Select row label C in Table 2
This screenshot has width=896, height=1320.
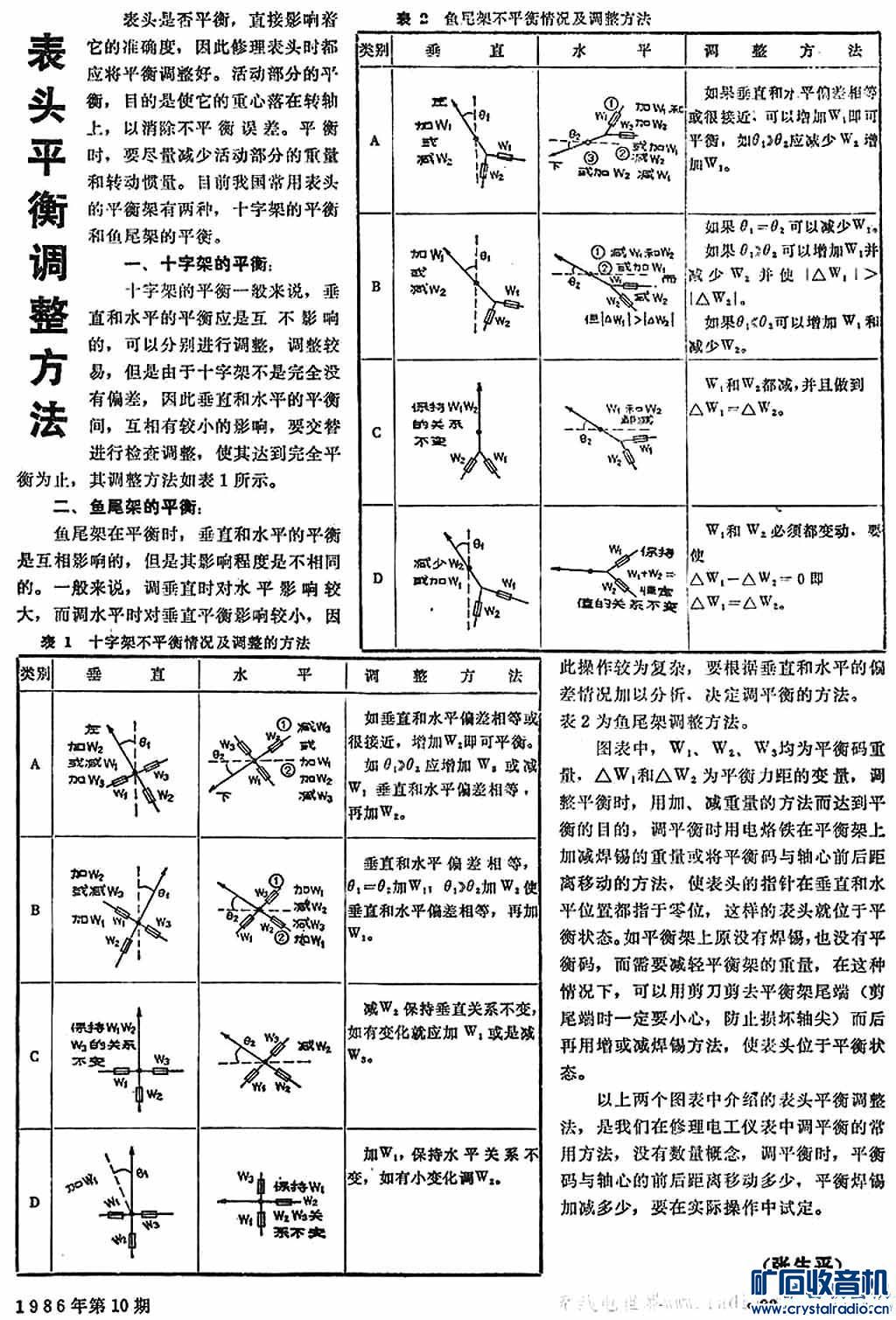pyautogui.click(x=375, y=432)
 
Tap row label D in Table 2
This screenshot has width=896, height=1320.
pyautogui.click(x=375, y=577)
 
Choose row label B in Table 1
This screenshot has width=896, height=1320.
pyautogui.click(x=35, y=910)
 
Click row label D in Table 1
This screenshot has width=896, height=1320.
pyautogui.click(x=35, y=1202)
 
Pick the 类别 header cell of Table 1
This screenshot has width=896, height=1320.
pyautogui.click(x=35, y=675)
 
